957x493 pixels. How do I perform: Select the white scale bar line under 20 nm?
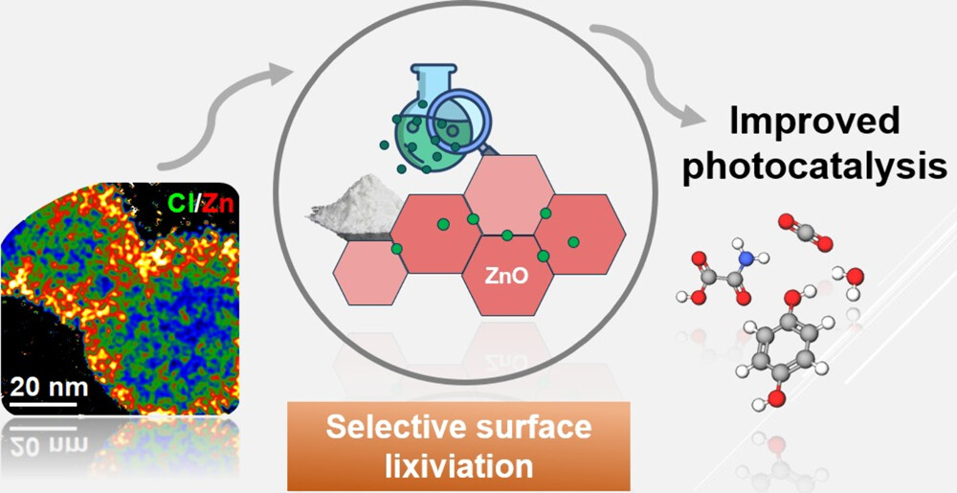pos(44,403)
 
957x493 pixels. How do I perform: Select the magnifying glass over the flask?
pos(457,120)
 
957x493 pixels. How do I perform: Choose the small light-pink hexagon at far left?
pos(368,272)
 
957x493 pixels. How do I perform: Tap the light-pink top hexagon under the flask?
pos(507,195)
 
